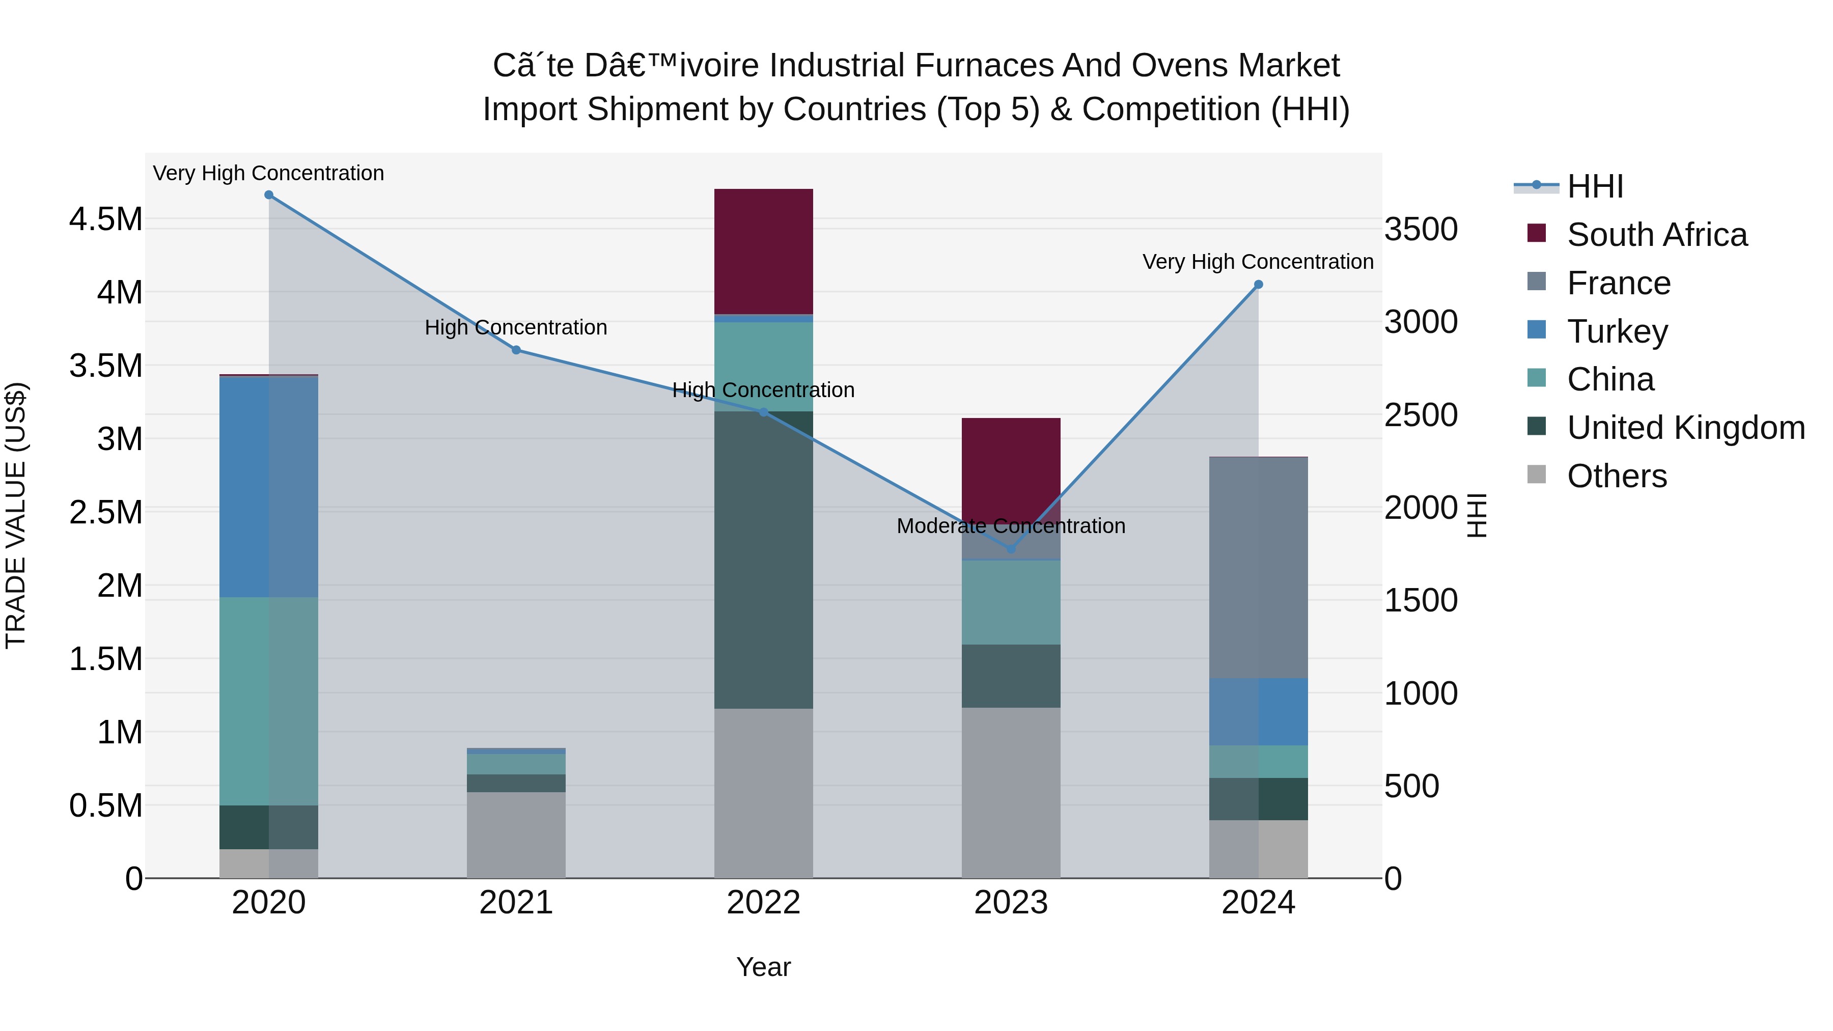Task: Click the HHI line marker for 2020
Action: tap(269, 195)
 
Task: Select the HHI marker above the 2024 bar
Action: tap(1258, 285)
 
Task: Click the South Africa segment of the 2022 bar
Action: tap(764, 251)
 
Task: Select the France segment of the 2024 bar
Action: tap(1258, 567)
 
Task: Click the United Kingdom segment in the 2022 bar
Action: tap(764, 559)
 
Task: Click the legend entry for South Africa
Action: tap(1656, 235)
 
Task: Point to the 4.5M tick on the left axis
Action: tap(106, 219)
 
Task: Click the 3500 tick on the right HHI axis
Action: tap(1420, 229)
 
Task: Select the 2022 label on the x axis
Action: tap(764, 903)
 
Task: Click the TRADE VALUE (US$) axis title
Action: tap(16, 515)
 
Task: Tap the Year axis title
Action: tap(764, 967)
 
